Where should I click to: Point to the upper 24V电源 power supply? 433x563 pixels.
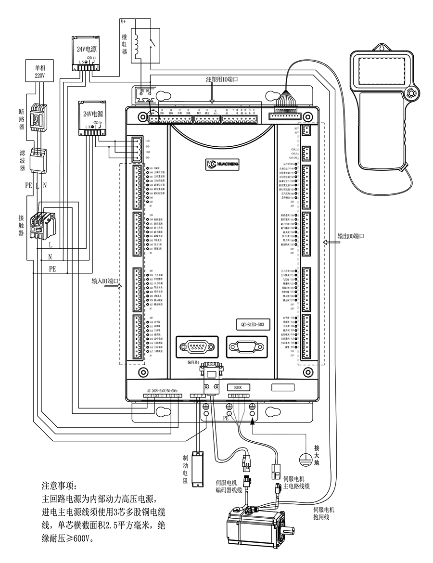87,52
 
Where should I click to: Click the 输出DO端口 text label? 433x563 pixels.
351,236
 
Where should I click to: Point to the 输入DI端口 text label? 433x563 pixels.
105,281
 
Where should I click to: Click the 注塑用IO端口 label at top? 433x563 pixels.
222,79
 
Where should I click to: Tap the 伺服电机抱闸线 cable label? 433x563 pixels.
323,513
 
